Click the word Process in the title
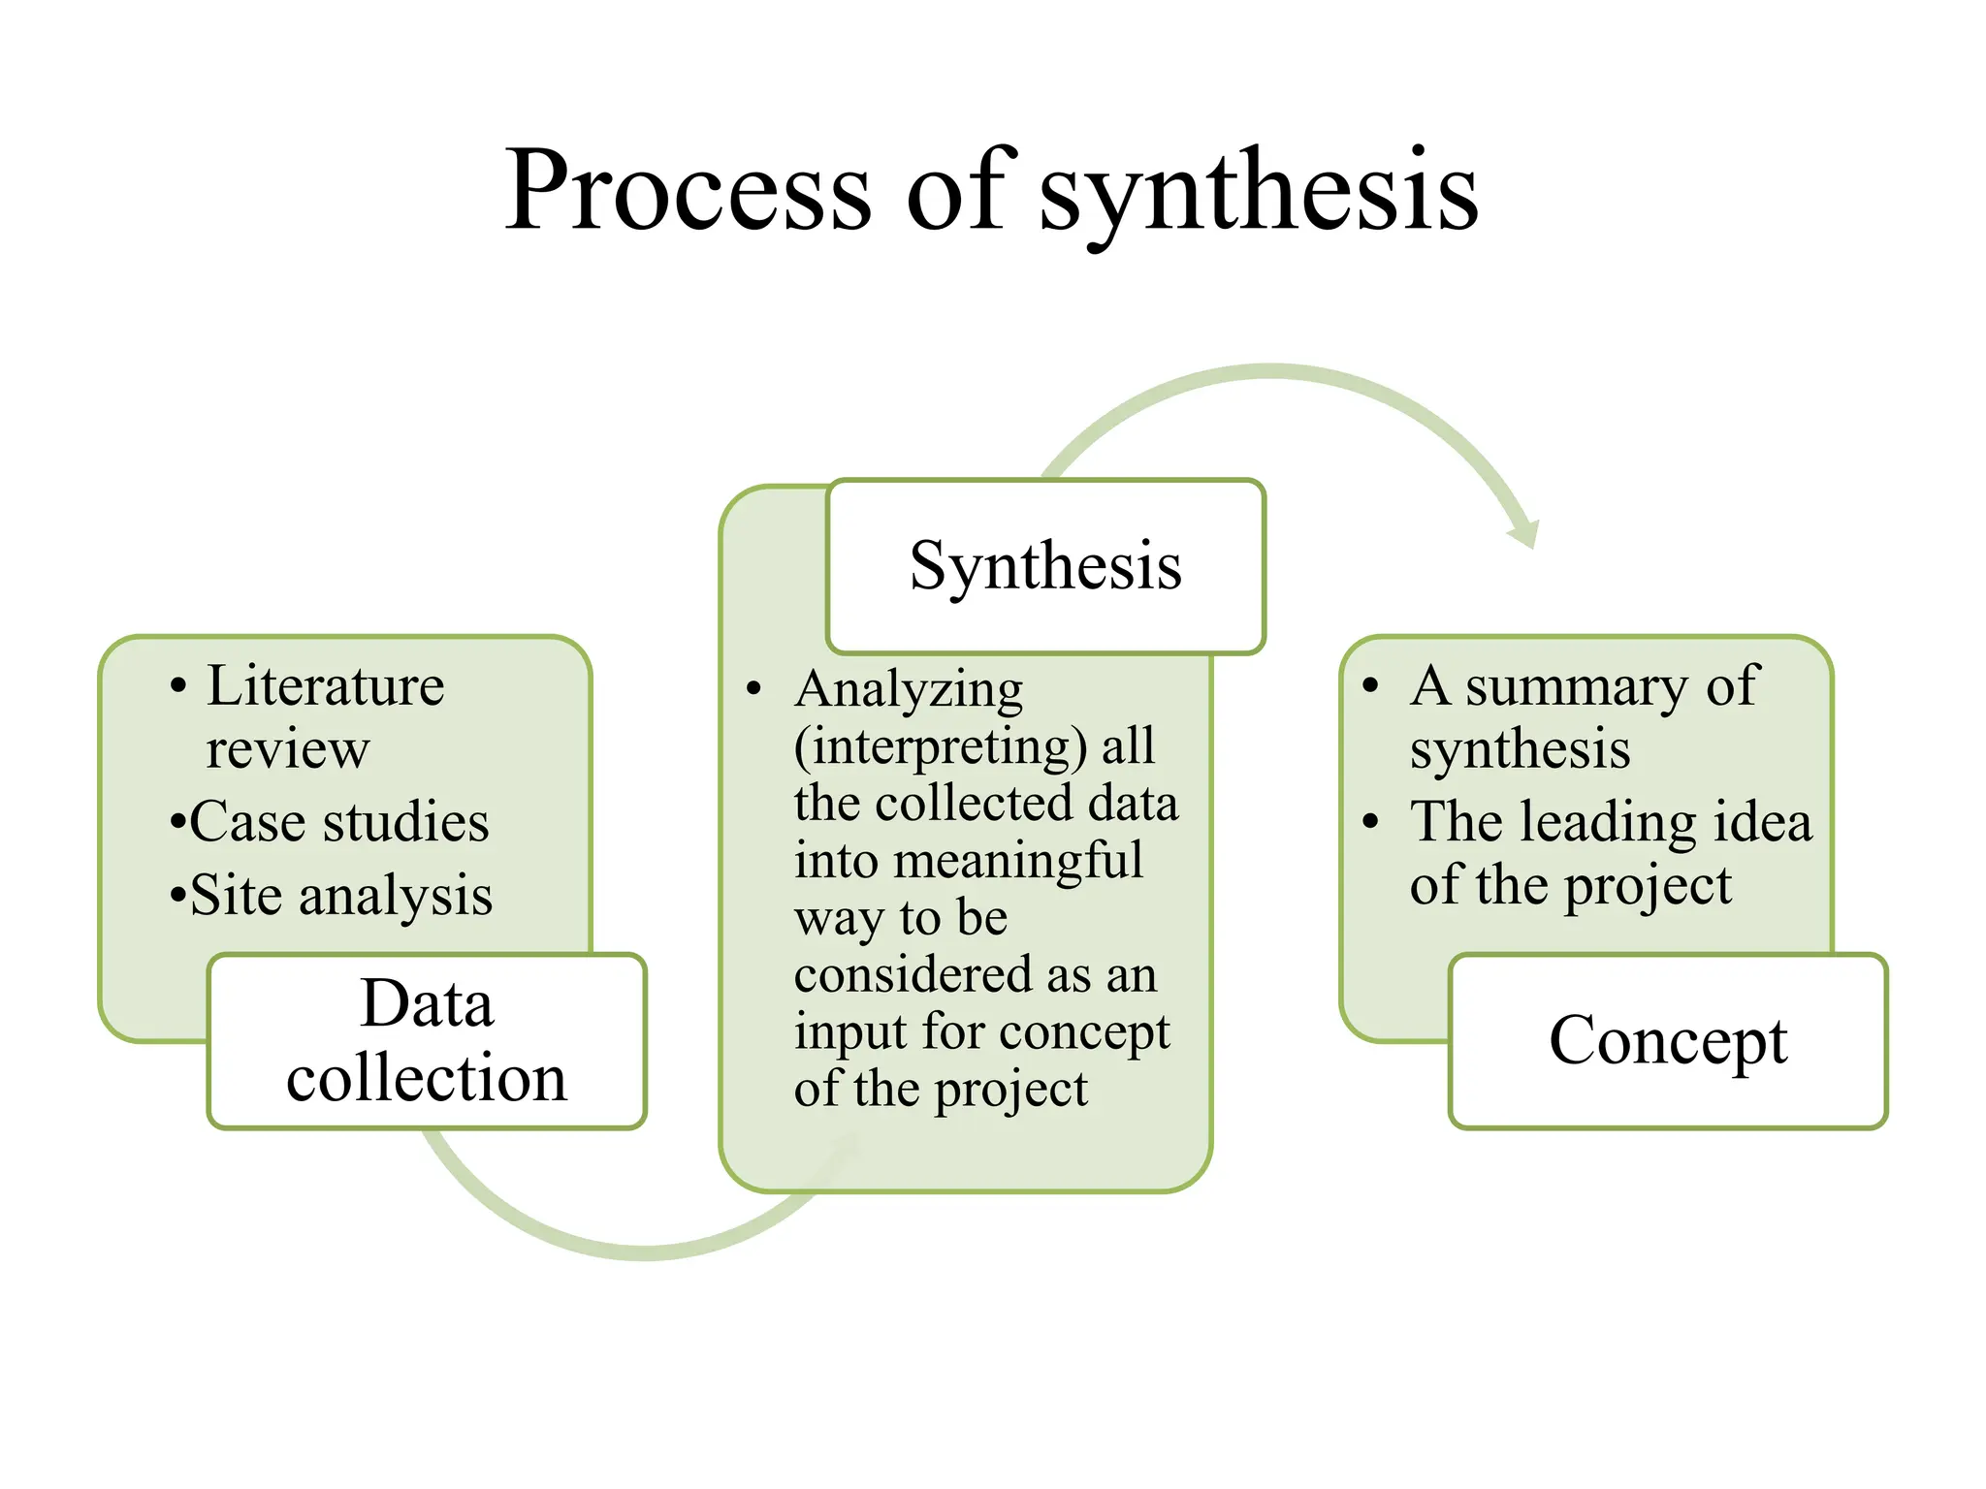point(689,190)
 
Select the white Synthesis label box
point(1045,566)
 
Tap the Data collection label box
point(427,1040)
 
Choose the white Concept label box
point(1668,1040)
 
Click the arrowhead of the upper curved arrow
point(1524,532)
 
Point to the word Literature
point(326,686)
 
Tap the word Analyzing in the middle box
point(909,690)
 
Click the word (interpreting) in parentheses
point(940,746)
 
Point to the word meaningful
point(1017,861)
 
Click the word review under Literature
point(288,749)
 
